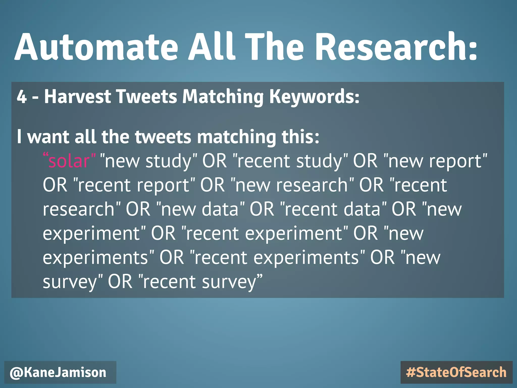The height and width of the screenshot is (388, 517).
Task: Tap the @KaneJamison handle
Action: tap(58, 373)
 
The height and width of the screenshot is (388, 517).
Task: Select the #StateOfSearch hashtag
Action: tap(456, 373)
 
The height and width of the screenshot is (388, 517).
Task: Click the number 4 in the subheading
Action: tap(22, 97)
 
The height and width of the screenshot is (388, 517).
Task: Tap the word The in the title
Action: tap(274, 47)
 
